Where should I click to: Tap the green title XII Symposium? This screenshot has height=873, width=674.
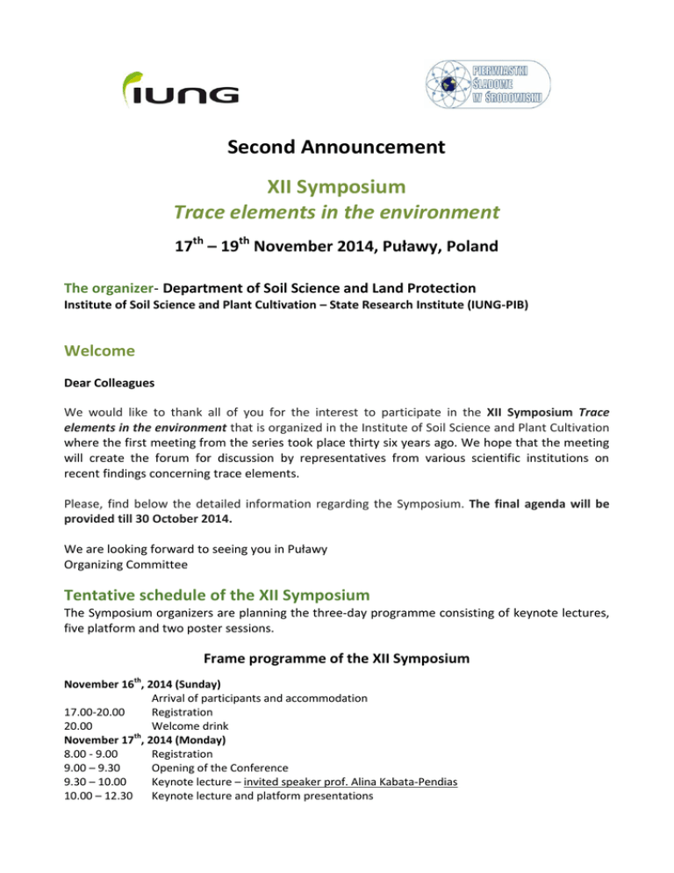pyautogui.click(x=336, y=186)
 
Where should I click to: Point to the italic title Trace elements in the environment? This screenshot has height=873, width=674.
pyautogui.click(x=337, y=212)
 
